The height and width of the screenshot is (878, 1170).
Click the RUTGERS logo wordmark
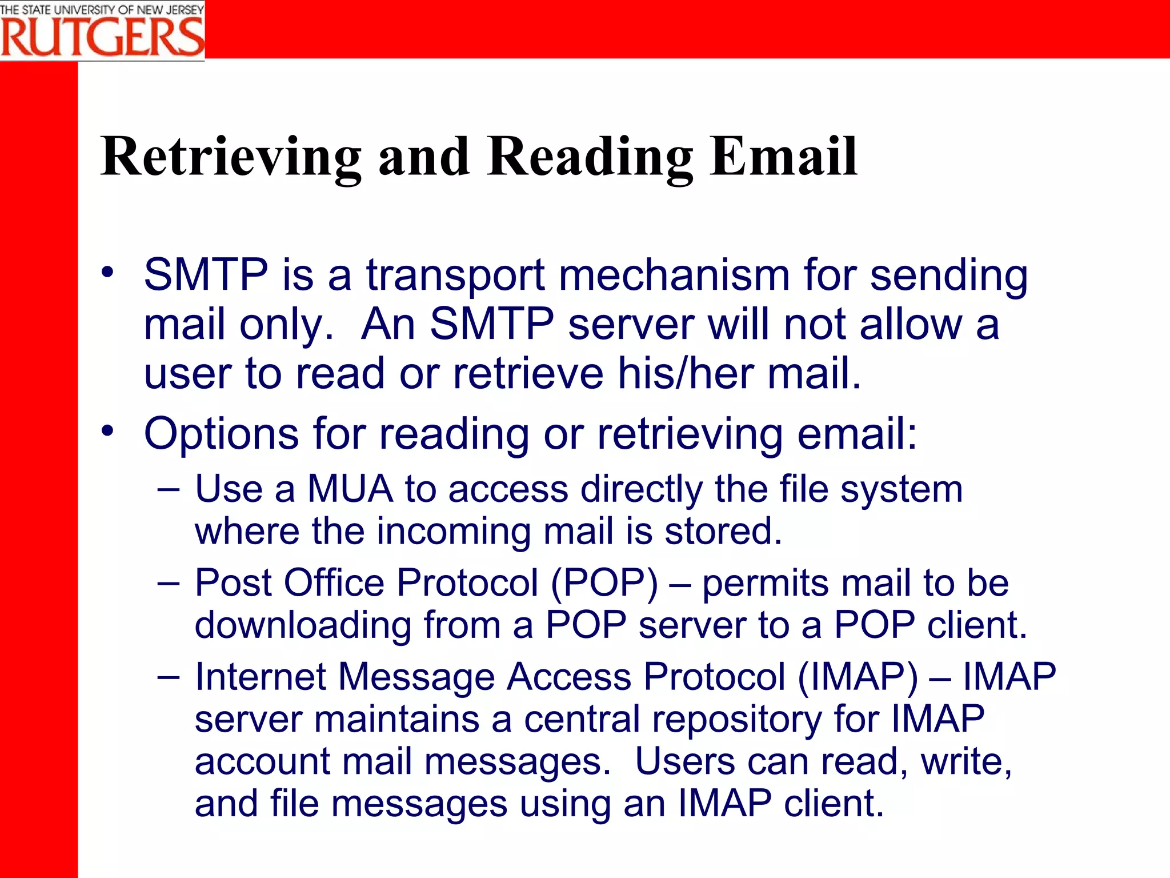(102, 37)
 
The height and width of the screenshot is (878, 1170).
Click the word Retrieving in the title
(231, 157)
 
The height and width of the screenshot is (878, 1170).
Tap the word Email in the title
(783, 157)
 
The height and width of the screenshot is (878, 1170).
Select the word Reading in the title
(590, 157)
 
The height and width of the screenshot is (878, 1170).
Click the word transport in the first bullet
(455, 276)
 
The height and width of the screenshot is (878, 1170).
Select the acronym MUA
(350, 489)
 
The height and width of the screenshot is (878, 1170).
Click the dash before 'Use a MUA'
(169, 489)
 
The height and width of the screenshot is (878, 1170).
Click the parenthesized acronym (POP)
(604, 583)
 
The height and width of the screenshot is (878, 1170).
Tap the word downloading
(303, 625)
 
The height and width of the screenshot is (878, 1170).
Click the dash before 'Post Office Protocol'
(169, 583)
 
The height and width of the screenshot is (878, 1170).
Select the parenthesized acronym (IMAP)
(858, 677)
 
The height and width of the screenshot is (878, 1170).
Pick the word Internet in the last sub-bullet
(260, 677)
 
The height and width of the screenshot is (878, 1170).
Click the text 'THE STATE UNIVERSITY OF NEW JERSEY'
(102, 10)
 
